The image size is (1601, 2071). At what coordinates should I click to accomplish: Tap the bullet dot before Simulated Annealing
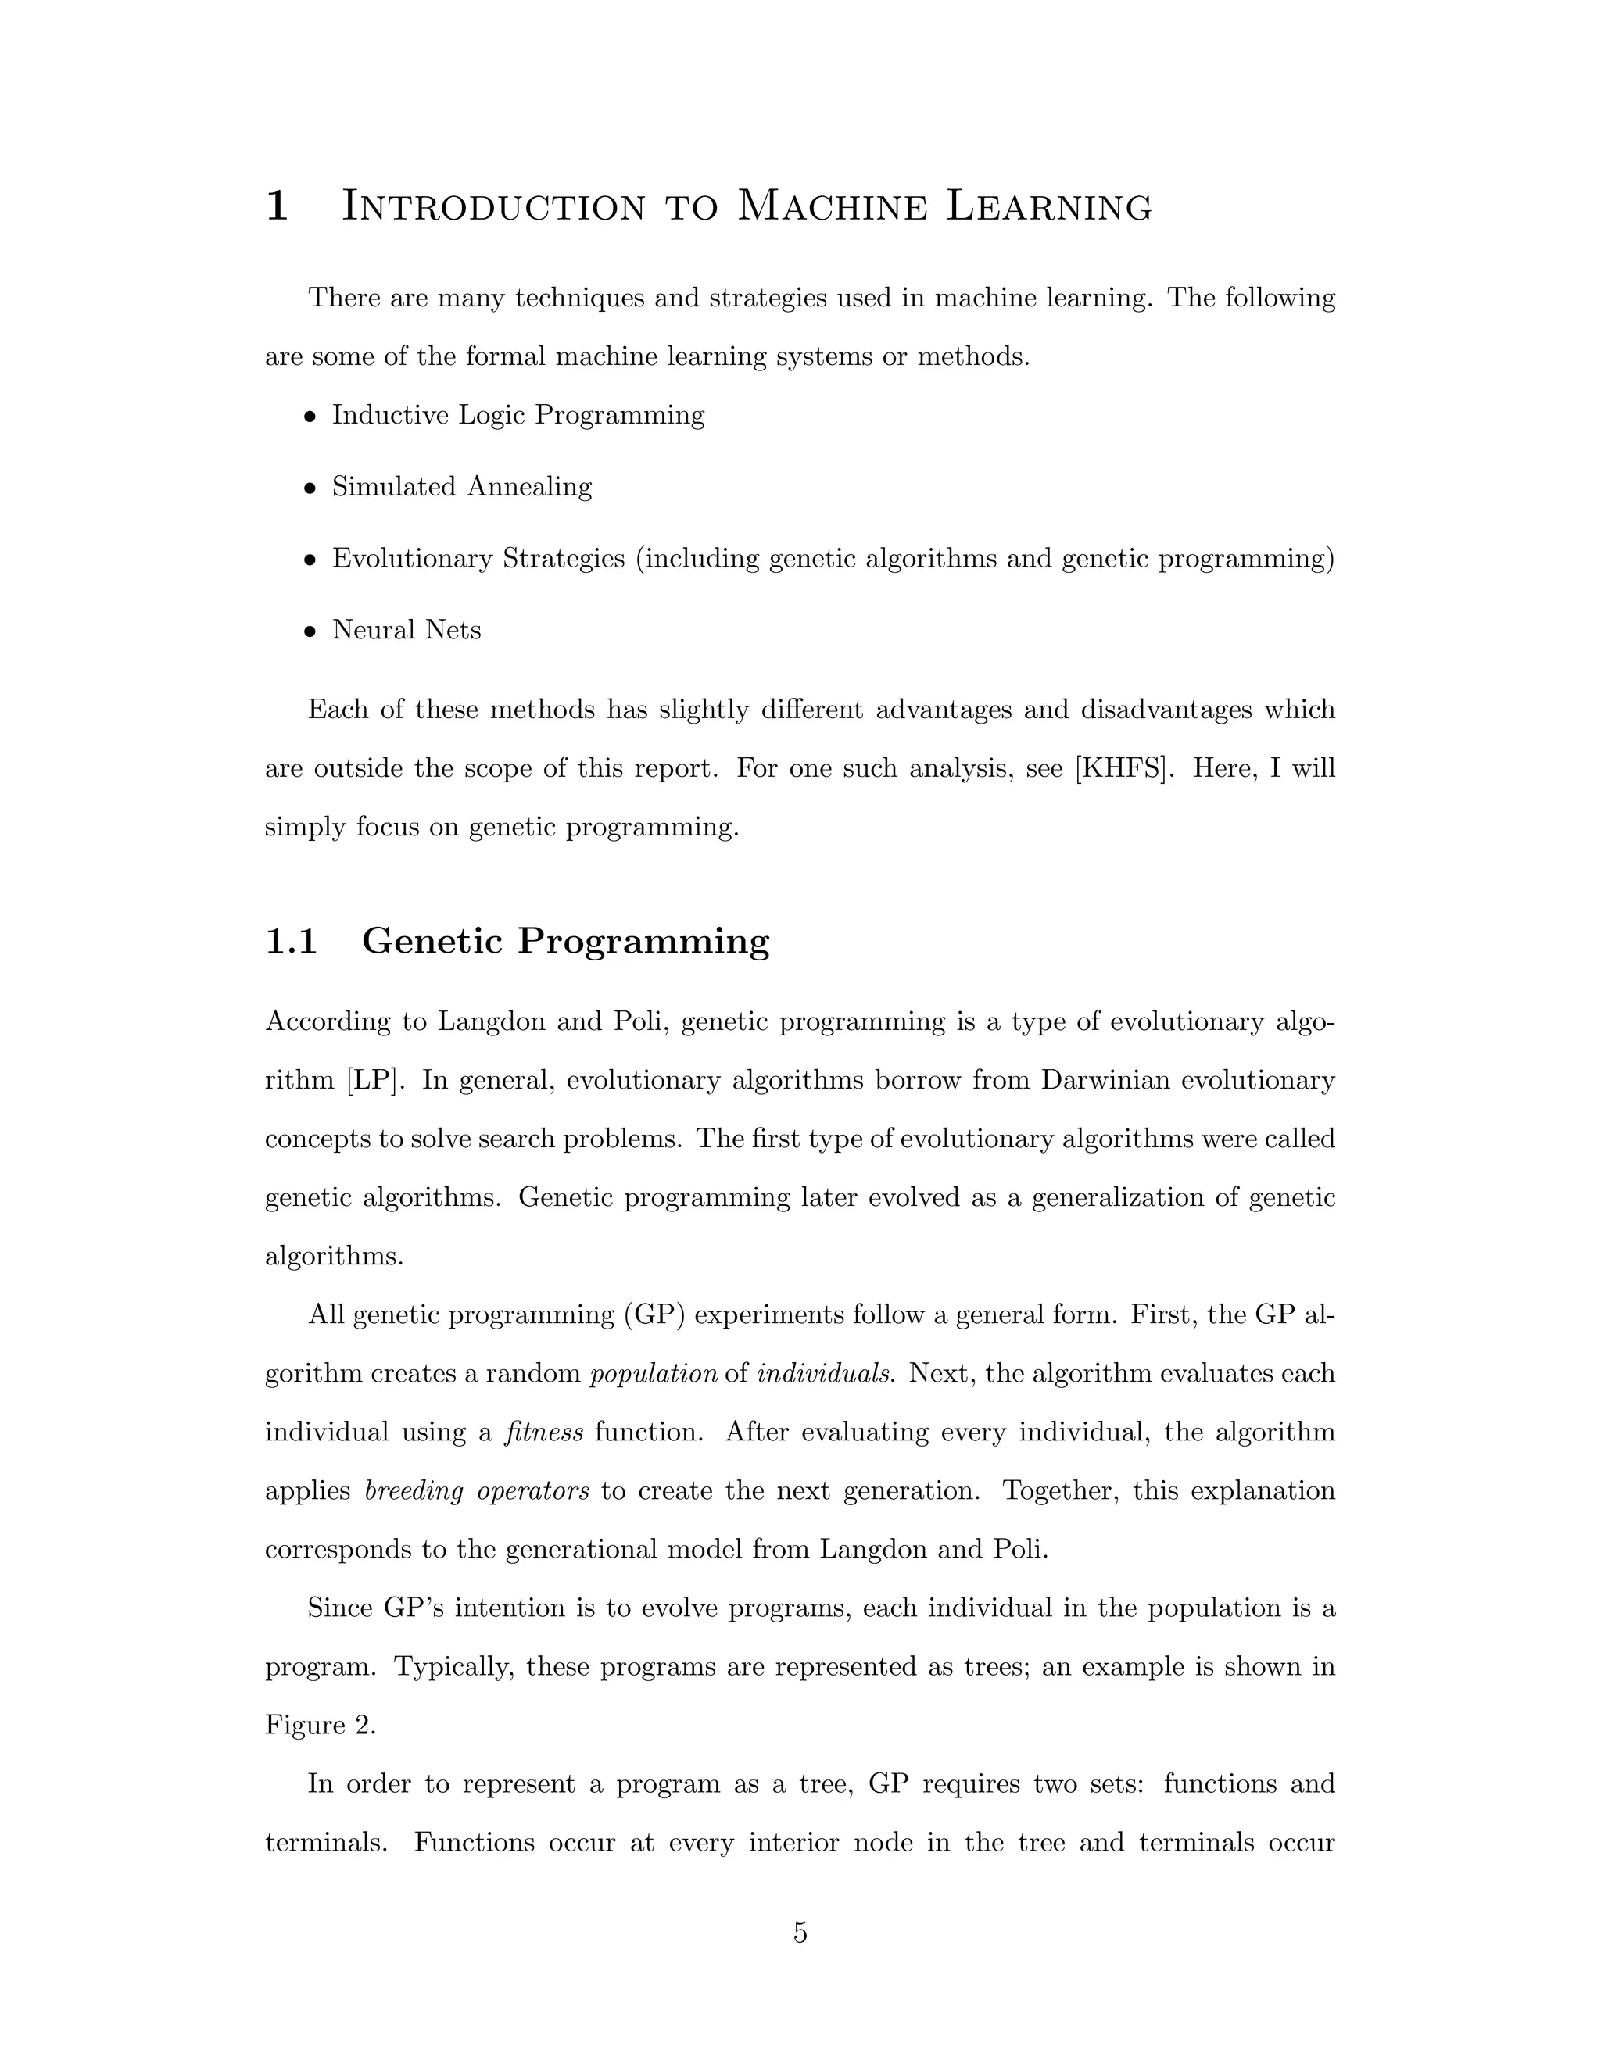pyautogui.click(x=310, y=488)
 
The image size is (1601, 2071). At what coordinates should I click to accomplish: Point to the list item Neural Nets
pyautogui.click(x=406, y=631)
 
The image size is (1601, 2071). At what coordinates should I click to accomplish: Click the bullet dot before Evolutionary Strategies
pyautogui.click(x=310, y=560)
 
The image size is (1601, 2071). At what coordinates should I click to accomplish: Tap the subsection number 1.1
pyautogui.click(x=290, y=941)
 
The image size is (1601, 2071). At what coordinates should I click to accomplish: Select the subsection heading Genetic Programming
pyautogui.click(x=565, y=941)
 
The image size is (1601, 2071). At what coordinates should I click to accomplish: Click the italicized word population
pyautogui.click(x=654, y=1374)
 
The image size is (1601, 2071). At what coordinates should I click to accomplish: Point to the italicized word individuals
pyautogui.click(x=826, y=1374)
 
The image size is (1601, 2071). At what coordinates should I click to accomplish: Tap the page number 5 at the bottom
pyautogui.click(x=800, y=1933)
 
